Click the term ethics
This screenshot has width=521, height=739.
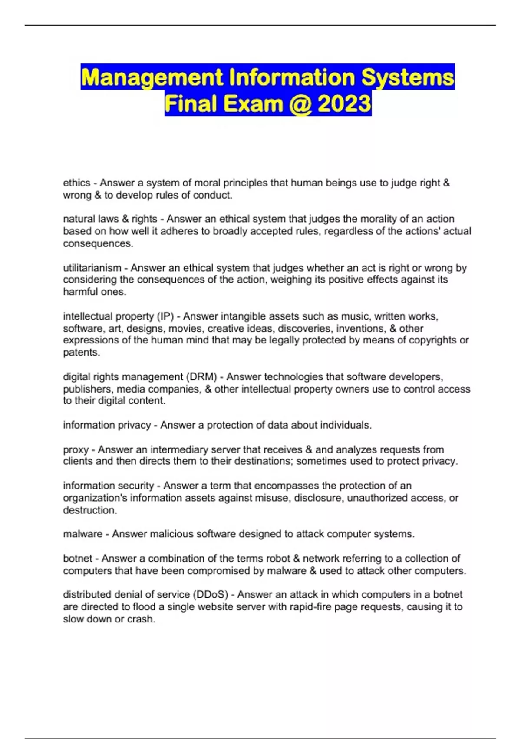tap(76, 183)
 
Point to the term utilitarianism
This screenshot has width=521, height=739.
tap(92, 268)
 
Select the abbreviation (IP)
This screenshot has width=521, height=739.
tap(165, 316)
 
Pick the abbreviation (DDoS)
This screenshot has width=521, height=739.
tap(212, 594)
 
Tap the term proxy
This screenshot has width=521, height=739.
tap(76, 449)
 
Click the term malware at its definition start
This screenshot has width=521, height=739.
tap(82, 534)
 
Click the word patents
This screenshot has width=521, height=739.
tap(81, 352)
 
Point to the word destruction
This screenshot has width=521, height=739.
tap(90, 510)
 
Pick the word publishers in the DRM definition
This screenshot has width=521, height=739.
tap(85, 389)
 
